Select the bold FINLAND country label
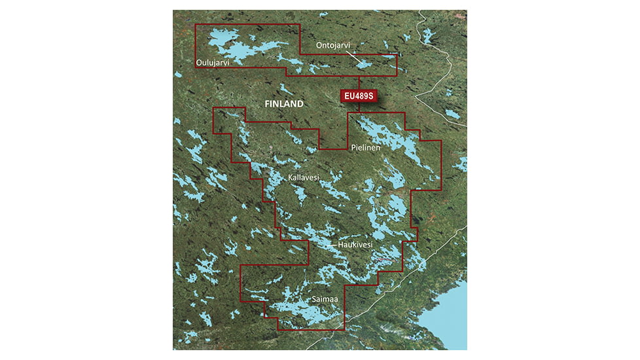pos(283,104)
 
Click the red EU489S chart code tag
pos(359,96)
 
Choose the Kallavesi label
pos(304,178)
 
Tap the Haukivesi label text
pos(355,245)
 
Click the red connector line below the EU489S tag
pos(359,107)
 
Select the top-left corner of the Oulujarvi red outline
pos(196,25)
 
